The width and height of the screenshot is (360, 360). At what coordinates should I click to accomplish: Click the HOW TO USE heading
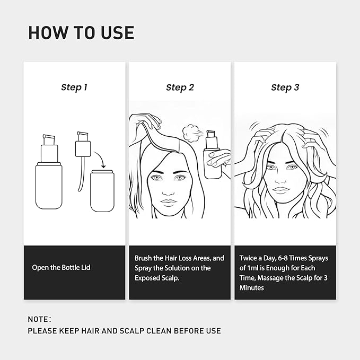pyautogui.click(x=81, y=32)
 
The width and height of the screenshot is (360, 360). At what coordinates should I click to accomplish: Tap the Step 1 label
pyautogui.click(x=74, y=87)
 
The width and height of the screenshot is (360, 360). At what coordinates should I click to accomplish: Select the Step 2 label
pyautogui.click(x=180, y=87)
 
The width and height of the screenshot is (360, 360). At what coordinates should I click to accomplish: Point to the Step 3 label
pyautogui.click(x=285, y=87)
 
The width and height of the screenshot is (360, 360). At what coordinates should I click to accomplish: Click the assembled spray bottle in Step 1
pyautogui.click(x=49, y=175)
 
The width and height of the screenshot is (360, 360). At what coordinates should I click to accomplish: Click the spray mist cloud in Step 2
pyautogui.click(x=189, y=133)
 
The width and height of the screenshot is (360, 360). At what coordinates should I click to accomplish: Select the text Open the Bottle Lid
pyautogui.click(x=61, y=267)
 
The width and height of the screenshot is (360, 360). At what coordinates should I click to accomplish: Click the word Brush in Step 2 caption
pyautogui.click(x=145, y=258)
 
